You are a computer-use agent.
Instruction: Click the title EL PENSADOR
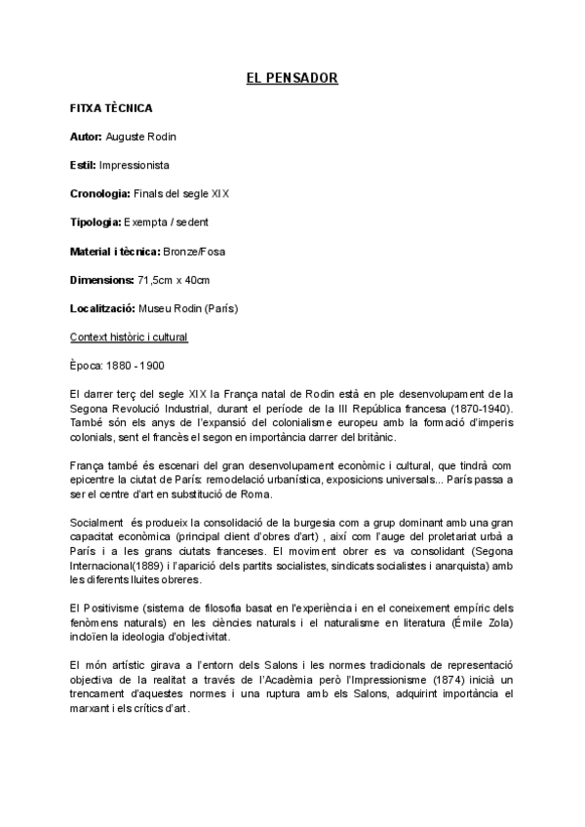(292, 78)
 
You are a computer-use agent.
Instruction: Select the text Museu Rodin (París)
(186, 309)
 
